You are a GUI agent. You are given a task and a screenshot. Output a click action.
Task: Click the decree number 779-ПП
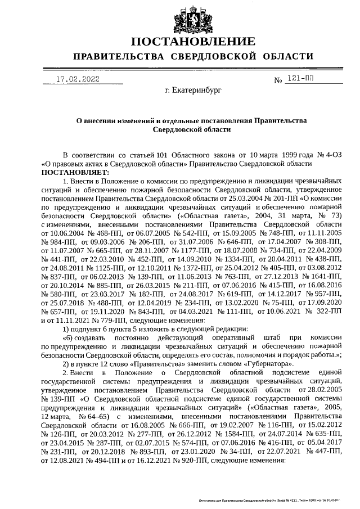[92, 318]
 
